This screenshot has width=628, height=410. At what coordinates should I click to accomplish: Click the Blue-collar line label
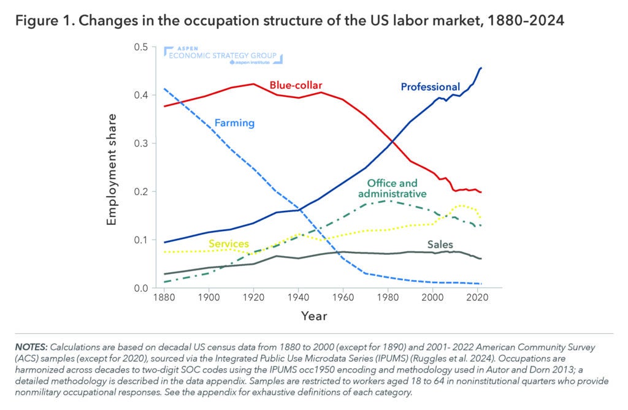tap(296, 85)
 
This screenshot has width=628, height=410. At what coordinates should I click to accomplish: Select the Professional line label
tap(430, 87)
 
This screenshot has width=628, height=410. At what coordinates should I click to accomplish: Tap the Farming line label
tap(234, 123)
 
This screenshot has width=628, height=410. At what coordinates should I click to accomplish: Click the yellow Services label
tap(228, 243)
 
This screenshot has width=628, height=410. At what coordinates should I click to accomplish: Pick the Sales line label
tap(440, 245)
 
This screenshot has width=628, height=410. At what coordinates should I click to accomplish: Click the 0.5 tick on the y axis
tap(140, 47)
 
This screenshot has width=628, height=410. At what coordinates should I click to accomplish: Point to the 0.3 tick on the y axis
tap(140, 143)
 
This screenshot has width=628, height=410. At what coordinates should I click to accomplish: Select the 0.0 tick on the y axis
tap(140, 288)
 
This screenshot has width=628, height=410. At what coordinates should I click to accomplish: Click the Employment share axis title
tap(112, 168)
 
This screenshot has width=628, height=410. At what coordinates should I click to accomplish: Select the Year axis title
tap(313, 316)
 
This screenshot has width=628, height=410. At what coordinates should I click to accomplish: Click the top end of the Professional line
tap(481, 68)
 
